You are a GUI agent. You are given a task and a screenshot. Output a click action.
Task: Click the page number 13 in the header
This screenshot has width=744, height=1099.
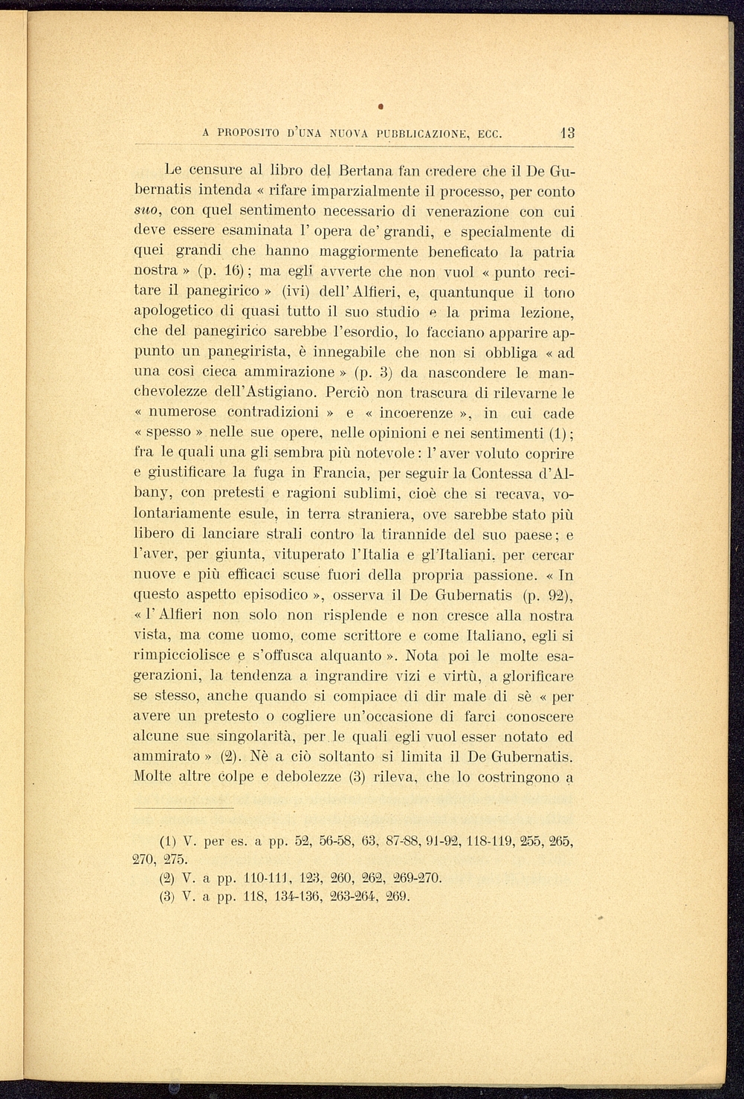pos(567,135)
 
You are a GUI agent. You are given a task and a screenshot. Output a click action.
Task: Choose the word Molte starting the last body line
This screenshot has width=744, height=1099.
pos(152,777)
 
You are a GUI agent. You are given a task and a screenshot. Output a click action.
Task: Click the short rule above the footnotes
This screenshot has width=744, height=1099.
pos(184,808)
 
